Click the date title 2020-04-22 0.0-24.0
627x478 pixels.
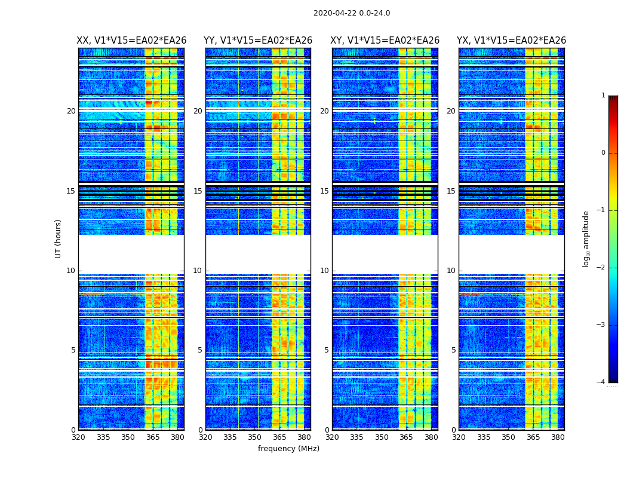click(x=352, y=13)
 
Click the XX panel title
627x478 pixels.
click(x=131, y=41)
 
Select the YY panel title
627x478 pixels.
click(x=258, y=41)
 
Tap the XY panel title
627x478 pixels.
click(x=385, y=41)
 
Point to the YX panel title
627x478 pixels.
click(x=511, y=41)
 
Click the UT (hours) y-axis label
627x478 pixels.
click(x=59, y=238)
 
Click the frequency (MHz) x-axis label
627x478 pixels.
click(x=288, y=449)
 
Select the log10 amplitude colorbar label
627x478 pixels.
click(x=586, y=238)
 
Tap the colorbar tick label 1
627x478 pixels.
click(x=603, y=96)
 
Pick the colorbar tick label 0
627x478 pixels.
click(x=603, y=153)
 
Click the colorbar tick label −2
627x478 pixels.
click(x=602, y=268)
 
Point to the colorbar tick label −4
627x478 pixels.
click(x=602, y=382)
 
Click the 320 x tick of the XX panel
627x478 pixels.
click(x=78, y=437)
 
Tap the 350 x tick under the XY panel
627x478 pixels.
click(x=382, y=437)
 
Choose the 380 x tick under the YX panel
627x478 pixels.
click(x=558, y=437)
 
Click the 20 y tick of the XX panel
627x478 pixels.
click(x=71, y=111)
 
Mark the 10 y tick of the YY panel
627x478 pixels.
click(x=198, y=271)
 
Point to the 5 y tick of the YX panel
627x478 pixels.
click(x=453, y=350)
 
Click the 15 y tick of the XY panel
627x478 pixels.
click(x=324, y=191)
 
